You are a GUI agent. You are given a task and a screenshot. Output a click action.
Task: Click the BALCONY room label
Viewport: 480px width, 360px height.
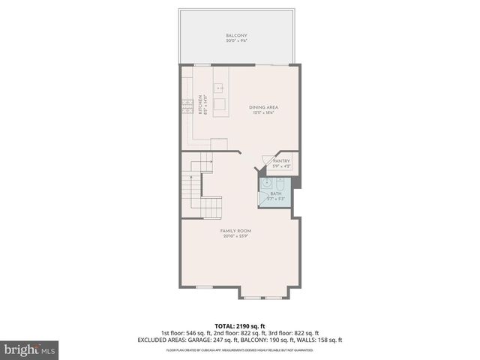click(236, 35)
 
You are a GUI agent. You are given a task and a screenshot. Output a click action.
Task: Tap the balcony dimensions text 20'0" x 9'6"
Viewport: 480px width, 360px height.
click(236, 41)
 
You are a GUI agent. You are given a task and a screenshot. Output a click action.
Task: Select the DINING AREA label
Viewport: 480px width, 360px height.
click(263, 107)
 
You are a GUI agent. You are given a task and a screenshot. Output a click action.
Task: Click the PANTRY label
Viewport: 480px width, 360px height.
click(281, 161)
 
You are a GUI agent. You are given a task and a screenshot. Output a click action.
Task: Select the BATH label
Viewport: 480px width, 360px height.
click(276, 193)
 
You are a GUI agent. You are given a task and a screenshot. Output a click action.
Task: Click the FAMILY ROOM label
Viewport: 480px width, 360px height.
click(235, 230)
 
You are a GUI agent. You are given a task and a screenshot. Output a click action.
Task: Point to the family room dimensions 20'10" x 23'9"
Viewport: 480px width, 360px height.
click(235, 236)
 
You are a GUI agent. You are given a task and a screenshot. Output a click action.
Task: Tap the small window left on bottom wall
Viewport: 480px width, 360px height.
click(204, 286)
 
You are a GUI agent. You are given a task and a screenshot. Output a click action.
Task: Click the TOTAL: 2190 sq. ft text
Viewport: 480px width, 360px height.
click(240, 325)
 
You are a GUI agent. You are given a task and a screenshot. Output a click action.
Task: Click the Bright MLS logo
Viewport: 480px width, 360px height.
click(29, 349)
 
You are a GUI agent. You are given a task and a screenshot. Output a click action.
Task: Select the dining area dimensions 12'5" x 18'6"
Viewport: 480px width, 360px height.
click(263, 113)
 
